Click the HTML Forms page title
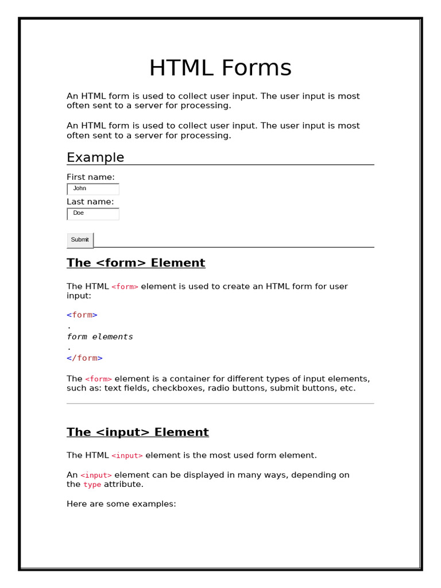coord(220,68)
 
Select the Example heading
coord(95,157)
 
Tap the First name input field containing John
coord(93,189)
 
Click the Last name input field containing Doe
coord(93,214)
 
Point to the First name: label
coord(91,177)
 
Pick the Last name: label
coord(90,202)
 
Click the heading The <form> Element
coord(136,262)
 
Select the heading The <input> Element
coord(137,432)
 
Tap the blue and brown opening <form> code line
coord(82,315)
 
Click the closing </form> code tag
coord(84,358)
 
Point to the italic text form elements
coord(100,336)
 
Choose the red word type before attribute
coord(92,485)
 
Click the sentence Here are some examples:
coord(121,504)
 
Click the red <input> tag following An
coord(96,475)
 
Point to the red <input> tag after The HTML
coord(127,455)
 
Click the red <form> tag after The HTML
coord(125,287)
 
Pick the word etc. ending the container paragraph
coord(346,388)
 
